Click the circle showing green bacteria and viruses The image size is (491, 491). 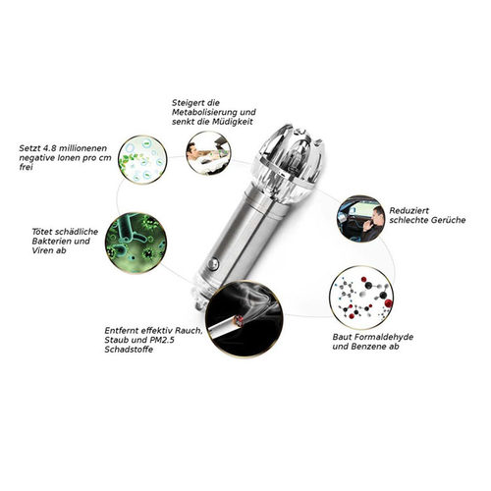tap(136, 243)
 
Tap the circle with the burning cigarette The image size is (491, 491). tap(244, 319)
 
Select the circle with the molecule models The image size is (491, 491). tap(361, 298)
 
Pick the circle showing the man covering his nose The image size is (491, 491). tap(361, 219)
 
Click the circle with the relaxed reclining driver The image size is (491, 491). tap(208, 153)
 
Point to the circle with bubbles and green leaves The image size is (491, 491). tap(142, 159)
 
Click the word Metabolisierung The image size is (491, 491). tap(205, 112)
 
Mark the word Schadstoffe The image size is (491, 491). tap(129, 350)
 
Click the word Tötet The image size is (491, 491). tap(42, 232)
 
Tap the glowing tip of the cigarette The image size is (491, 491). tap(240, 320)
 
